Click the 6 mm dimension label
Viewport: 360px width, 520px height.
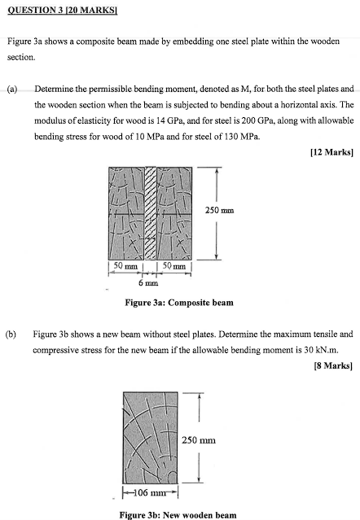click(x=147, y=285)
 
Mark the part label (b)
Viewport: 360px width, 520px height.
click(x=13, y=334)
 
